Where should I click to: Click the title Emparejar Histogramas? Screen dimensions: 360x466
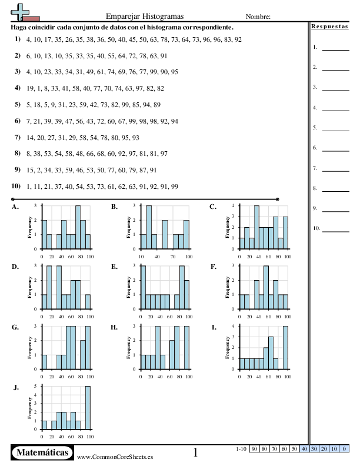coord(145,16)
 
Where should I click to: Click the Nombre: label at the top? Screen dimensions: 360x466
coord(258,16)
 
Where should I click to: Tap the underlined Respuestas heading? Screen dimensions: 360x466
coord(329,26)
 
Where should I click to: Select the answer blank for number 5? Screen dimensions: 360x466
coord(336,131)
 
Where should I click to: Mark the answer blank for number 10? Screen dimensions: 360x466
coord(336,231)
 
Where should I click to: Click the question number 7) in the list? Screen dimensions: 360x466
coord(18,137)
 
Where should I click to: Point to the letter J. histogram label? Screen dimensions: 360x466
coord(16,388)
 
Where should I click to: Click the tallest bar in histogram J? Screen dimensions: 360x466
coord(88,408)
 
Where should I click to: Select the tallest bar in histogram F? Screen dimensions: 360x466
coord(266,287)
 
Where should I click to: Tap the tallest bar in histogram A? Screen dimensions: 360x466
coord(78,227)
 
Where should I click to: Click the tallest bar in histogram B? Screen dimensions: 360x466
coord(149,227)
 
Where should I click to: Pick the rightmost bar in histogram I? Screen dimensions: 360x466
coord(285,348)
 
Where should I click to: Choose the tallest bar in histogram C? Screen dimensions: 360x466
coord(256,227)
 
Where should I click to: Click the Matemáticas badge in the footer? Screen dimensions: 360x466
coord(42,452)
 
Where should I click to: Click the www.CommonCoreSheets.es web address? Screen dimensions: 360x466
coord(115,457)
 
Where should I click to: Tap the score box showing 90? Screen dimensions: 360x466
coord(254,449)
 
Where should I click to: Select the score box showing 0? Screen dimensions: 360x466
coord(344,449)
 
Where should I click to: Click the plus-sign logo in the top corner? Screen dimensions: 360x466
coord(20,12)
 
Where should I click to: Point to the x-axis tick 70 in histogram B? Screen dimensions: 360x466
coord(173,257)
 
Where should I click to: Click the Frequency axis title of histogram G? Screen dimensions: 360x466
coord(29,348)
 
